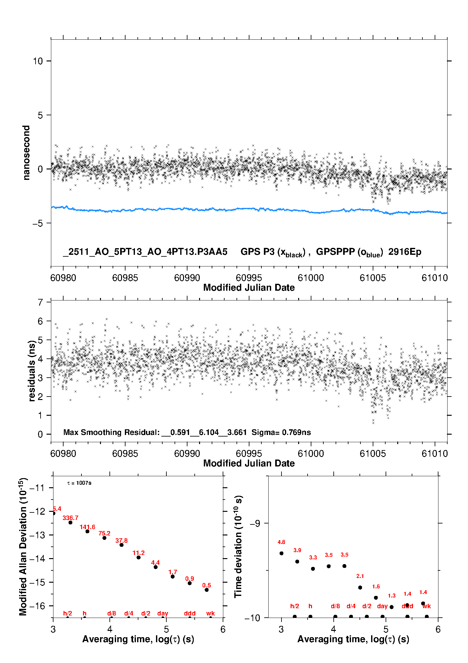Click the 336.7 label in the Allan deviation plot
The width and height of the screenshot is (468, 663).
(x=70, y=518)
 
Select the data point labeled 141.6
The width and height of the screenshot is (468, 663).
(x=87, y=531)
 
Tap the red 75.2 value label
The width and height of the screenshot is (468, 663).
(x=104, y=533)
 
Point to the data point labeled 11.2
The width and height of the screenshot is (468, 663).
(x=138, y=557)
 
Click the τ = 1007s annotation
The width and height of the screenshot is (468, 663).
(x=79, y=483)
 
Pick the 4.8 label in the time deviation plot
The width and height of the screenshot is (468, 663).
(x=281, y=542)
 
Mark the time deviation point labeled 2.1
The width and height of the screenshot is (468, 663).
(x=360, y=587)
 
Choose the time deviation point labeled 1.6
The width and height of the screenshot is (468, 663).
(x=376, y=597)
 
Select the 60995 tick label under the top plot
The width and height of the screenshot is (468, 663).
(x=249, y=278)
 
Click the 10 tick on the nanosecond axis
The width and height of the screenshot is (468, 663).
(x=38, y=61)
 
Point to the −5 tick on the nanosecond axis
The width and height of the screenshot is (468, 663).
(x=37, y=223)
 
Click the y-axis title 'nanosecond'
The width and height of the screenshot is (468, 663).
(x=26, y=153)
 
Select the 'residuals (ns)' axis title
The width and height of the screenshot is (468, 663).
(x=31, y=371)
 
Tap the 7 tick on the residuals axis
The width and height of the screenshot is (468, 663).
(x=40, y=302)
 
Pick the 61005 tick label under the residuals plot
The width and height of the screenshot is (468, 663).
(x=373, y=454)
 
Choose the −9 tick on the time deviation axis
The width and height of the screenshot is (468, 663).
(x=255, y=523)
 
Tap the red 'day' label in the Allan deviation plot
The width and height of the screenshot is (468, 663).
(x=163, y=613)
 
